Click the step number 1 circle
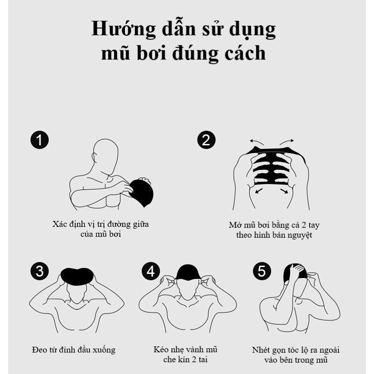click(39, 140)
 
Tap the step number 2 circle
click(206, 140)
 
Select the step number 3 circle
click(39, 271)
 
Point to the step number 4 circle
click(151, 271)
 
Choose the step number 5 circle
click(262, 271)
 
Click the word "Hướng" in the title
click(124, 29)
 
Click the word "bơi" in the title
click(152, 53)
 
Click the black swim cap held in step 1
click(141, 193)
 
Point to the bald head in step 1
click(105, 155)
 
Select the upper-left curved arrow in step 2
click(257, 142)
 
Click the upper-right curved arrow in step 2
click(287, 142)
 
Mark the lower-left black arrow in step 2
click(259, 191)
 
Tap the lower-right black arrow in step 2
click(284, 191)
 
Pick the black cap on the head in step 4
click(188, 272)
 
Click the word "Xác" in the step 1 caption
click(59, 224)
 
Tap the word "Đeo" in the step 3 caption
click(39, 350)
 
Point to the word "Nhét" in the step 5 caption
click(260, 350)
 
